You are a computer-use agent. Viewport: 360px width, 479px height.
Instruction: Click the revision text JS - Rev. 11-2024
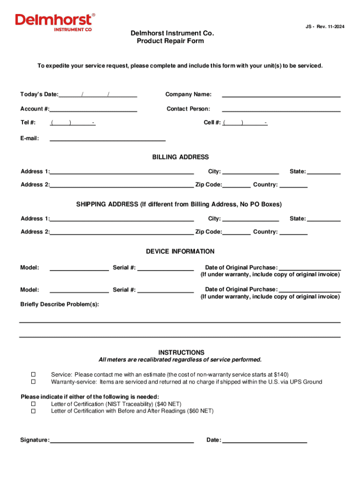click(322, 27)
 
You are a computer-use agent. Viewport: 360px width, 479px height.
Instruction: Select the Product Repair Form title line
click(170, 41)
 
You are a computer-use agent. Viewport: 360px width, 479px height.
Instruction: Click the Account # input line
click(93, 109)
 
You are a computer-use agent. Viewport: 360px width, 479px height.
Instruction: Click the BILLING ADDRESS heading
click(180, 157)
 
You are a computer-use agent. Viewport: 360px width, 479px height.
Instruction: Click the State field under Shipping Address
click(324, 218)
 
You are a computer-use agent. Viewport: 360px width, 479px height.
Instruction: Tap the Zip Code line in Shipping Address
click(237, 232)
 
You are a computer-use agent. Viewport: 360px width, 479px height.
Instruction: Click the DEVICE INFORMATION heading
click(180, 252)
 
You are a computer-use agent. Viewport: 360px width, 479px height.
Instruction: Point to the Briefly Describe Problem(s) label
click(59, 305)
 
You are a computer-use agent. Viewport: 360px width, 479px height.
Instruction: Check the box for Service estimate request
click(33, 375)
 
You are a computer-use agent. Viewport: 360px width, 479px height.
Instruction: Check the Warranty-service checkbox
click(33, 382)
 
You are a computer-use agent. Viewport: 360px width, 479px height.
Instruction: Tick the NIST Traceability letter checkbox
click(33, 404)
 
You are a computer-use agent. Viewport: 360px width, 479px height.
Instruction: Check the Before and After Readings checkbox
click(33, 411)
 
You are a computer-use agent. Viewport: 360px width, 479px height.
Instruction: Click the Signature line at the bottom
click(122, 440)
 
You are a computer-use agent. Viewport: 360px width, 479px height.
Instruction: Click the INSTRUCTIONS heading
click(181, 352)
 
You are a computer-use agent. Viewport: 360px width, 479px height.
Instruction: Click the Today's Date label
click(39, 94)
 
